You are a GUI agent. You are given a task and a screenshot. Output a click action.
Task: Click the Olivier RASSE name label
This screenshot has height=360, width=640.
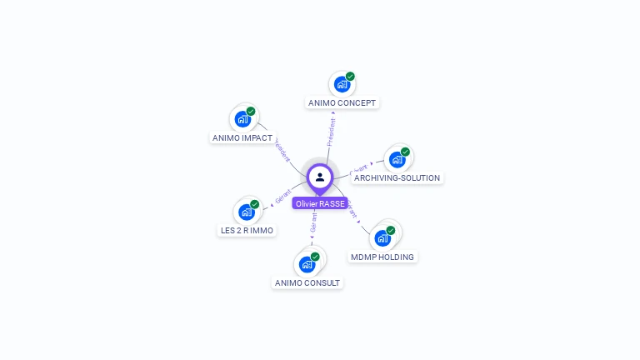point(320,203)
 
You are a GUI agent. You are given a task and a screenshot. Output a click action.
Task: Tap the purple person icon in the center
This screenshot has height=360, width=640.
point(320,177)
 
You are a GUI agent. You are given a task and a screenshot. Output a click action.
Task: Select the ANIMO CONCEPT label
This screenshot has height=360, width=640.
point(342,103)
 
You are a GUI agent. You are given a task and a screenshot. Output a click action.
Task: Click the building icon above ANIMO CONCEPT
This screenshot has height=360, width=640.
point(341,84)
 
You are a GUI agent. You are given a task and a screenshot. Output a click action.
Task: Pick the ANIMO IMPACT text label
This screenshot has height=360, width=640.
point(242,137)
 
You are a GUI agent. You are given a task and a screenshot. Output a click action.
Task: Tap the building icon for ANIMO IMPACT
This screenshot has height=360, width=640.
point(242,119)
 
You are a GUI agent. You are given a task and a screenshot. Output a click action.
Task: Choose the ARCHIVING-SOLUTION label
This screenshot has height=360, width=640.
point(397,177)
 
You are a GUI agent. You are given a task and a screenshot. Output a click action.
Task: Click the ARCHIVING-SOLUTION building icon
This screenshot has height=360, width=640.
point(397,159)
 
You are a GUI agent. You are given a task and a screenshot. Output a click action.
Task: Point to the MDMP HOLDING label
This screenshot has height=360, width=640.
point(382,257)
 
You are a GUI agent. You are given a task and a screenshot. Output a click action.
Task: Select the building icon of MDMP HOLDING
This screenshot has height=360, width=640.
point(382,238)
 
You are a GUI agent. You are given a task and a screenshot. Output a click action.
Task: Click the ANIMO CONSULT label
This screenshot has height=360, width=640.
point(307,282)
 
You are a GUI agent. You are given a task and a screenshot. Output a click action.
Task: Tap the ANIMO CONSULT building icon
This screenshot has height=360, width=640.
point(307,265)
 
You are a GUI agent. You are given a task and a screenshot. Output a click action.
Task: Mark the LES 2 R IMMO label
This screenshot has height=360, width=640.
point(246,230)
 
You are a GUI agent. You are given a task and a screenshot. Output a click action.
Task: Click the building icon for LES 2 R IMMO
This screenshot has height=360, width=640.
point(246,212)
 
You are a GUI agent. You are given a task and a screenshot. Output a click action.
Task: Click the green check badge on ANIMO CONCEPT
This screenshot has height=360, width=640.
point(350,76)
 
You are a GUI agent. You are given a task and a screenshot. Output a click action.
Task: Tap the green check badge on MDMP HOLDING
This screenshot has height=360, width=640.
point(391,230)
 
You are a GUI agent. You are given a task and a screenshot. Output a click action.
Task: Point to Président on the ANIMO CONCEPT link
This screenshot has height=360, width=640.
point(332,133)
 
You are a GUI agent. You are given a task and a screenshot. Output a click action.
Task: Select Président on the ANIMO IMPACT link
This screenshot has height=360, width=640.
point(282,149)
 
